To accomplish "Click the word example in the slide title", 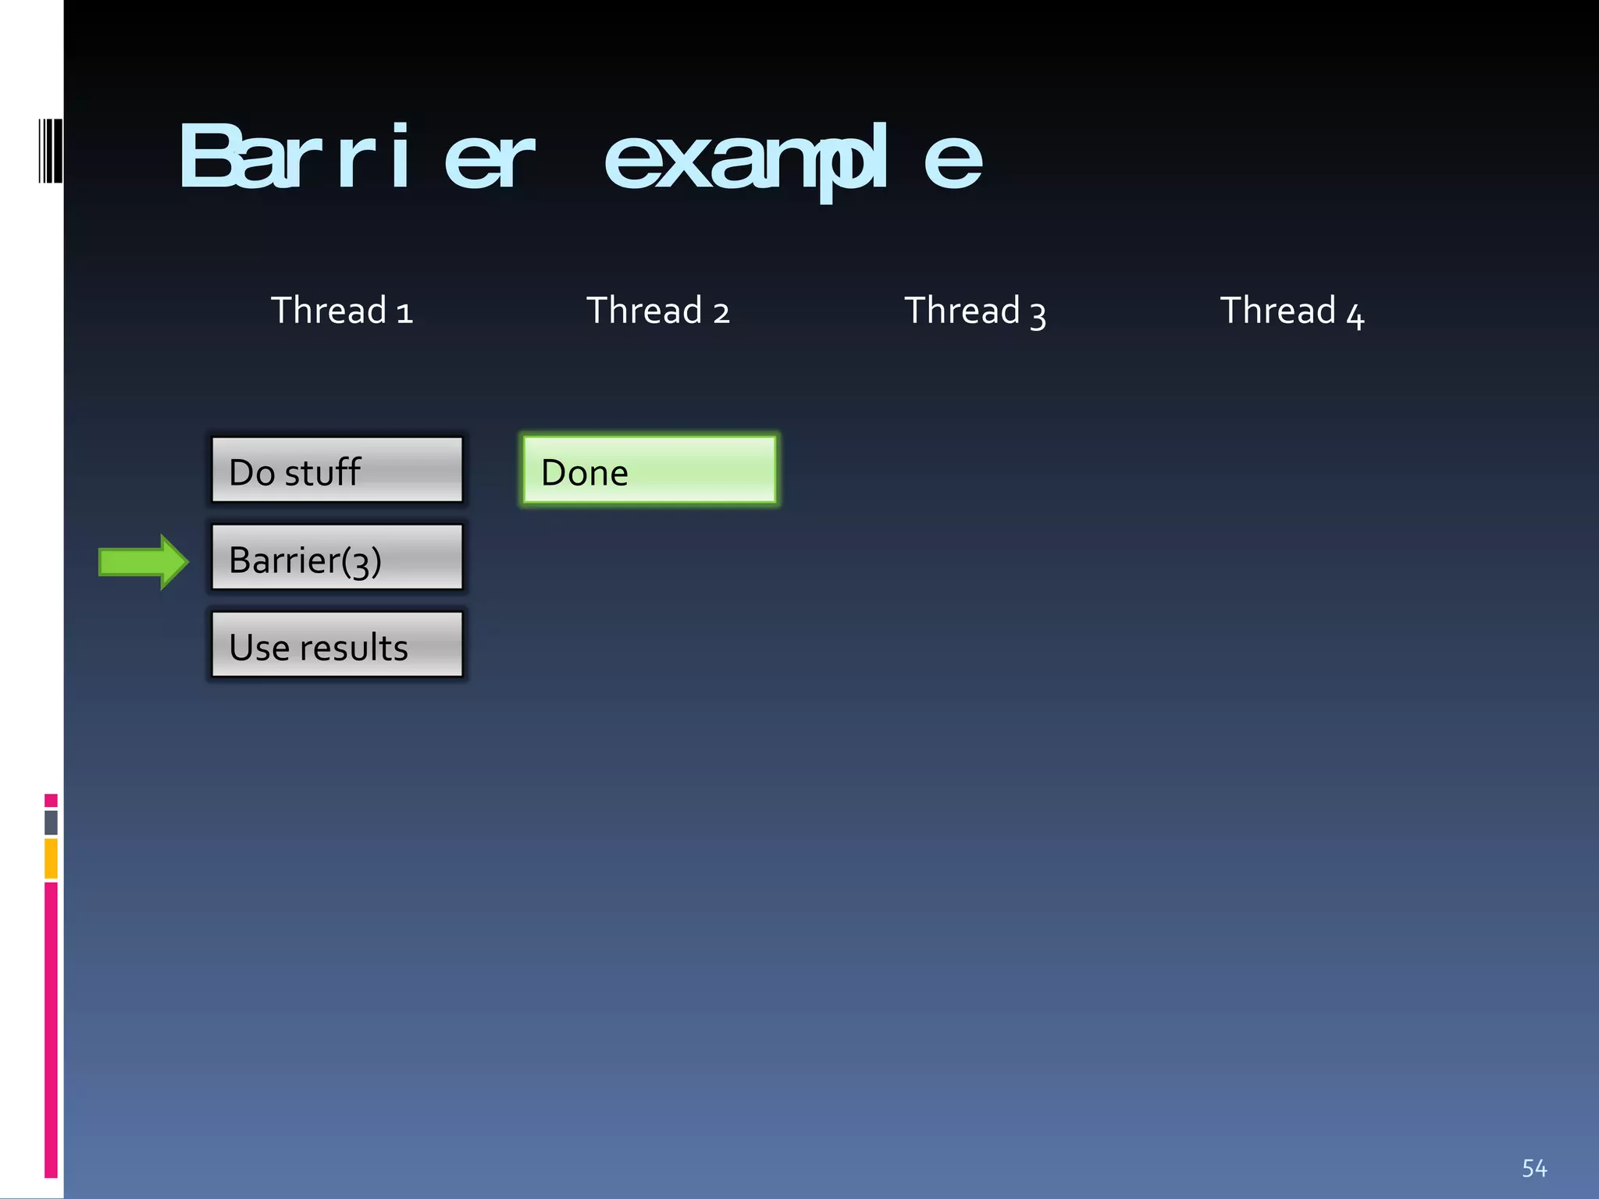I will click(792, 159).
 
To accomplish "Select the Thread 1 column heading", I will click(341, 311).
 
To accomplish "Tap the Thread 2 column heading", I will click(658, 311).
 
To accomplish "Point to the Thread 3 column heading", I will click(974, 311).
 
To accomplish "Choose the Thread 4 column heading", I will click(1292, 311).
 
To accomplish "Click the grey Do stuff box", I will click(337, 470).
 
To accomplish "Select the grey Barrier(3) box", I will click(337, 557).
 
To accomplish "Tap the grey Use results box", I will click(337, 645).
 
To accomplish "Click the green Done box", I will click(650, 470).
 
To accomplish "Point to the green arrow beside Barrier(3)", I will click(143, 562).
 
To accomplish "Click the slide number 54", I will click(1534, 1168).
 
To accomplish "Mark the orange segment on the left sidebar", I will click(51, 858).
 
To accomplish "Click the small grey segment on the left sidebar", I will click(51, 822).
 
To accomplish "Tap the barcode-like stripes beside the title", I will click(50, 151).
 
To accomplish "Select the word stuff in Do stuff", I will click(322, 472).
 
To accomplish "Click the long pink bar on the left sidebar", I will click(51, 1029).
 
